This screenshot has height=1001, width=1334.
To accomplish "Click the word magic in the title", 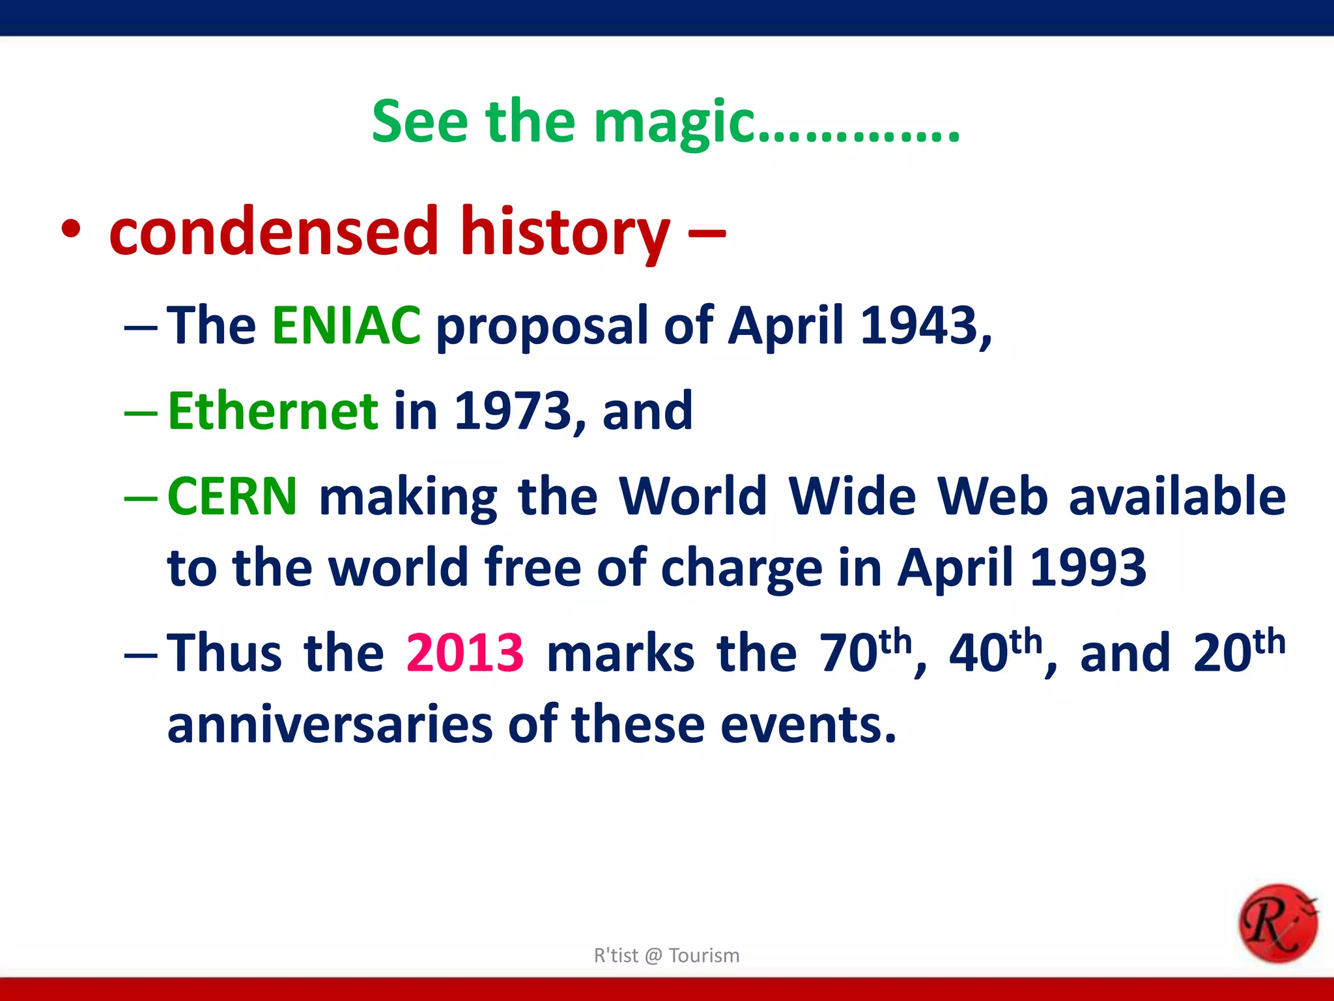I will pos(674,124).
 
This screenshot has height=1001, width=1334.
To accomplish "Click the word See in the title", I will pos(419,123).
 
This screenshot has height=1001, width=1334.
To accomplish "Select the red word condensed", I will pos(274,231).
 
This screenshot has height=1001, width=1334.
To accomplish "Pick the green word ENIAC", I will pos(347,325).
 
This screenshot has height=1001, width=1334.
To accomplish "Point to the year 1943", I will pos(918,325).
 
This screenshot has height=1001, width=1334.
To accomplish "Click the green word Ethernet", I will pos(273,411).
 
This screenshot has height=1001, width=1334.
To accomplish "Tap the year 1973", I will pos(512,411).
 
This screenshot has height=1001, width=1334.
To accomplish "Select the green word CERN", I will pos(233,497).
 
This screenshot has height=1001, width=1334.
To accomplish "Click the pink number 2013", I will pos(464,653).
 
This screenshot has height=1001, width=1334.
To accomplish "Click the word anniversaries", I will pos(330,725).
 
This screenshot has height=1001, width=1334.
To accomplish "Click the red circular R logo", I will pos(1277,923).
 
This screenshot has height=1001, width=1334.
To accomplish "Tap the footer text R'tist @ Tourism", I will pos(666,955).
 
